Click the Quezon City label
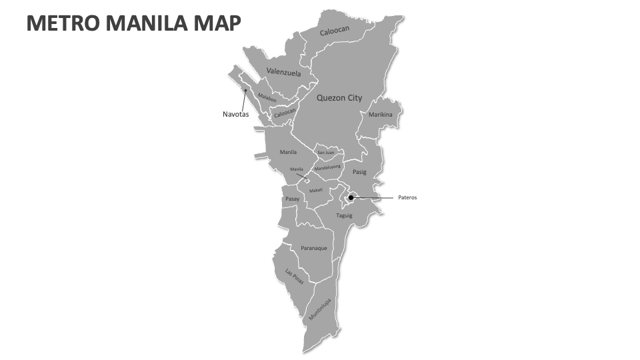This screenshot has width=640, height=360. coord(339,98)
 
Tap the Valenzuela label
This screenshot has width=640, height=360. coord(283,72)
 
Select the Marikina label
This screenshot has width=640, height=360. coord(381,115)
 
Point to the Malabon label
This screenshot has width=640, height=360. coord(267,98)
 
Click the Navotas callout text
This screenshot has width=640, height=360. coord(235,114)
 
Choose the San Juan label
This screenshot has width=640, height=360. coord(326,153)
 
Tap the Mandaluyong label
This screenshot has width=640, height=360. coord(327,167)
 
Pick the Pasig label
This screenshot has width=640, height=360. coord(359,172)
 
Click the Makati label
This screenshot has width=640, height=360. coord(316,190)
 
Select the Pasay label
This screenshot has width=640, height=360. coord(292,199)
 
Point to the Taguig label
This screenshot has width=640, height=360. coord(344,215)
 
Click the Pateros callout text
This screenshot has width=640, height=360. coord(407,197)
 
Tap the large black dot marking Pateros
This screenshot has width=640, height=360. coord(351,197)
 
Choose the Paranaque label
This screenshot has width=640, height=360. coord(313,248)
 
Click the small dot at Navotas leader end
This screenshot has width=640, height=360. coord(245,91)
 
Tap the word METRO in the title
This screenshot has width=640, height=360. coord(56,24)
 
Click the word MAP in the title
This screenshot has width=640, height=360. coord(217,24)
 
